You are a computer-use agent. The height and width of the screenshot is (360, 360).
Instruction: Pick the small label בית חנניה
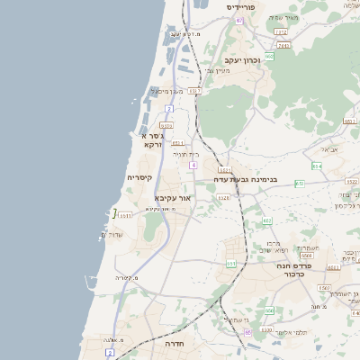pyautogui.click(x=185, y=154)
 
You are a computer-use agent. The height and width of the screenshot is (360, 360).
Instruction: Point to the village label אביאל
pyautogui.click(x=328, y=148)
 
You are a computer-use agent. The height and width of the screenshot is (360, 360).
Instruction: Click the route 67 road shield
pyautogui.click(x=239, y=19)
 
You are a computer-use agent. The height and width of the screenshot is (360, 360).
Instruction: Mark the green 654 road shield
pyautogui.click(x=317, y=166)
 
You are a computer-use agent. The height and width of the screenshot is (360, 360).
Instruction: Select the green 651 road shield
pyautogui.click(x=266, y=221)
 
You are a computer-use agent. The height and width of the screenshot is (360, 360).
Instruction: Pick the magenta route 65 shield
pyautogui.click(x=247, y=331)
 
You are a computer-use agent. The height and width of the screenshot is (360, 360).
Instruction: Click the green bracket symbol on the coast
pyautogui.click(x=114, y=214)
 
